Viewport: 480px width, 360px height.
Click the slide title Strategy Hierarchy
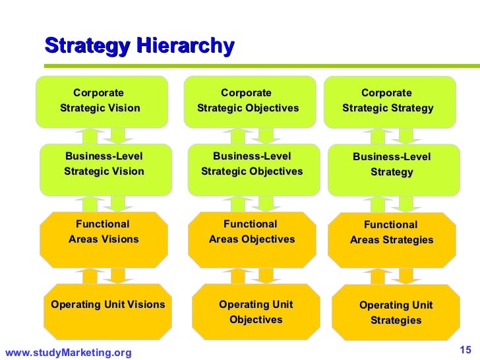point(139,46)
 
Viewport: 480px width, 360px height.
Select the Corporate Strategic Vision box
point(100,100)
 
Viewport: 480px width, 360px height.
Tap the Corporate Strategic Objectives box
point(248,100)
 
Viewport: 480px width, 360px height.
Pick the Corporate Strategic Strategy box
point(388,100)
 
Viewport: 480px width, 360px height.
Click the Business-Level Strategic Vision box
point(104,164)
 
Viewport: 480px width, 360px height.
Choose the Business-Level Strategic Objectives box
point(252,164)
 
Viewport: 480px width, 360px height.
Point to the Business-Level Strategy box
point(392,165)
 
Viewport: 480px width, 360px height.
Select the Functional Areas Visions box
point(104,232)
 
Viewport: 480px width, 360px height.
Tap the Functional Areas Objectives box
point(252,232)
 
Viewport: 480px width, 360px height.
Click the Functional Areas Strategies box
point(392,233)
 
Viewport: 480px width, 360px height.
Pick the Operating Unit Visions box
point(107,305)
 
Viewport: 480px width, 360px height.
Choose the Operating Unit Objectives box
point(256,312)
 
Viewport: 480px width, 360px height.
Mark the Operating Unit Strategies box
point(396,313)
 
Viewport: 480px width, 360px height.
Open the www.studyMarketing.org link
point(68,353)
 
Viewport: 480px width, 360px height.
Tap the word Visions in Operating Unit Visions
point(146,305)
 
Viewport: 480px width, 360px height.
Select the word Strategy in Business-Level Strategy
point(392,172)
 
